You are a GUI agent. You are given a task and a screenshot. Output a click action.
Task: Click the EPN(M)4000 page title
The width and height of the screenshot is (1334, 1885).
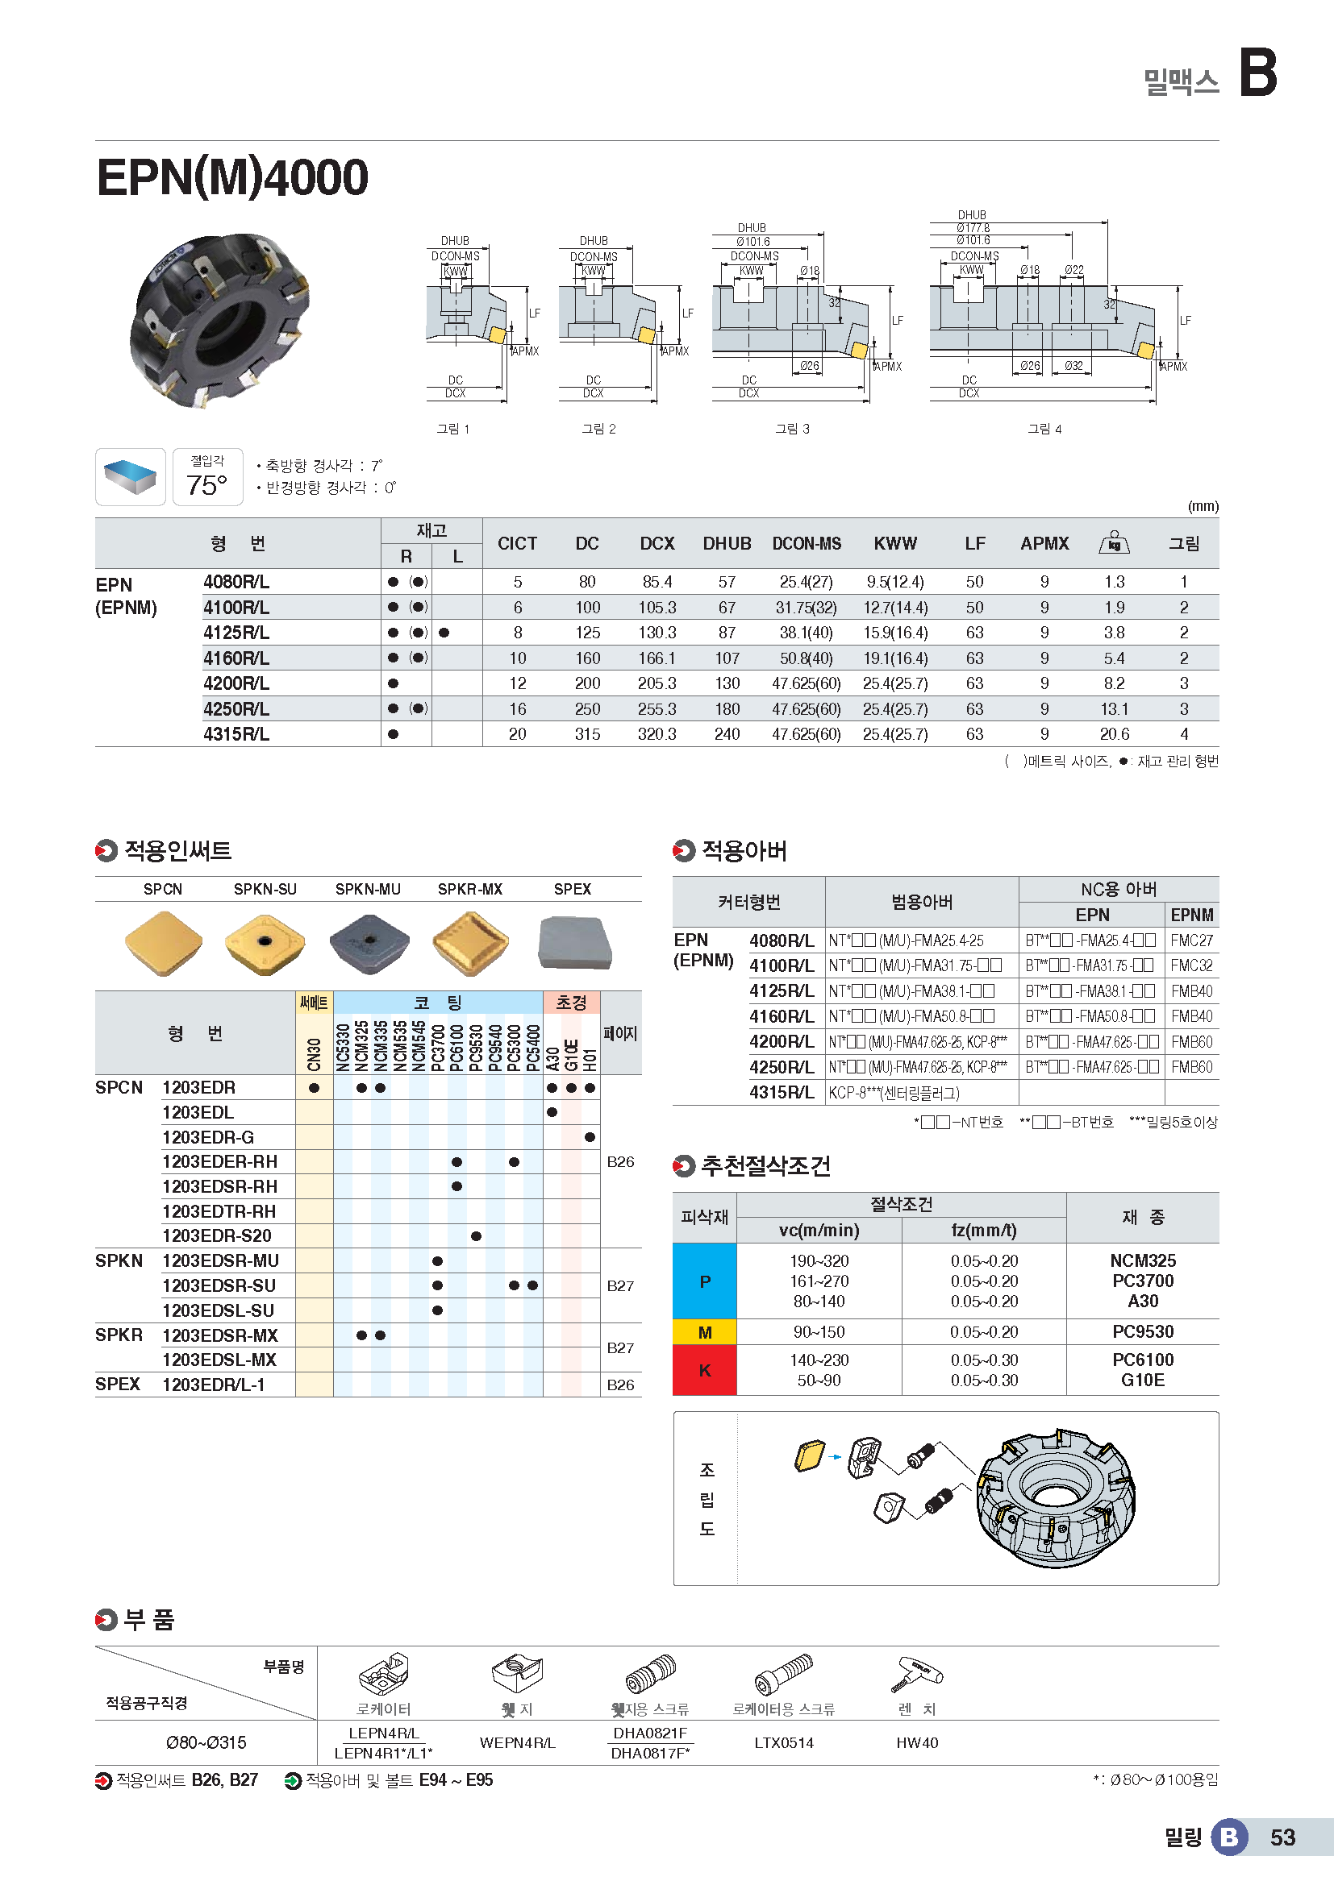click(232, 177)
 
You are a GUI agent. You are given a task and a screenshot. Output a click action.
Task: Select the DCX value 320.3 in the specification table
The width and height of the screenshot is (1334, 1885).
click(657, 734)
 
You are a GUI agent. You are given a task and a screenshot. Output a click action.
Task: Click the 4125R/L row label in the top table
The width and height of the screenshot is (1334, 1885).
click(236, 633)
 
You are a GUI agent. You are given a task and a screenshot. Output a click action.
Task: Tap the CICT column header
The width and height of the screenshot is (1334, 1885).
click(517, 543)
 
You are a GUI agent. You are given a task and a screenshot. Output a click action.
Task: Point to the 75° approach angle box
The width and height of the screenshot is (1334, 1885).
click(207, 477)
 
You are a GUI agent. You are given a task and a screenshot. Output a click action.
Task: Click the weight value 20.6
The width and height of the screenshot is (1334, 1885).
click(1114, 734)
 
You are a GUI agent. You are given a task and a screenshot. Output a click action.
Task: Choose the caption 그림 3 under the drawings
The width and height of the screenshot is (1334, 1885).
click(792, 429)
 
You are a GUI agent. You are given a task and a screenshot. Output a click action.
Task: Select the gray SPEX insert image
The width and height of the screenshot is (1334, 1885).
click(574, 944)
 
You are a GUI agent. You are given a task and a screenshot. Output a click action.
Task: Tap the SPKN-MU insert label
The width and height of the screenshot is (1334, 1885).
click(368, 889)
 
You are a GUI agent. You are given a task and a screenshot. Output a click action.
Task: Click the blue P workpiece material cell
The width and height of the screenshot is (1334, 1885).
click(704, 1281)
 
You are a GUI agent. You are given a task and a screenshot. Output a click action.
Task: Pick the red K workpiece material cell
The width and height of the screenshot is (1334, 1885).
click(704, 1370)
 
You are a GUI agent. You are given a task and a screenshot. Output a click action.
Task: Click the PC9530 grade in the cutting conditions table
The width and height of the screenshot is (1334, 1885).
click(1143, 1331)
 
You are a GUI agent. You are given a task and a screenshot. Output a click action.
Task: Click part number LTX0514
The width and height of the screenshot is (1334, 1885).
click(784, 1743)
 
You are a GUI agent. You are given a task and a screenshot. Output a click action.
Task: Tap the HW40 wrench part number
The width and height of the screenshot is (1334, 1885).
click(917, 1743)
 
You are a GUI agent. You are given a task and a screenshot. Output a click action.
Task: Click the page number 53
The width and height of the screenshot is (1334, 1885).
click(1282, 1837)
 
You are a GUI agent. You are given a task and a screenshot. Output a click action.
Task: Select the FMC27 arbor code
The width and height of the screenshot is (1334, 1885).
click(1191, 940)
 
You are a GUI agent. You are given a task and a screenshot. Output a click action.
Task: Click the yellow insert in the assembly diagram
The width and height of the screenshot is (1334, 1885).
click(809, 1455)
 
